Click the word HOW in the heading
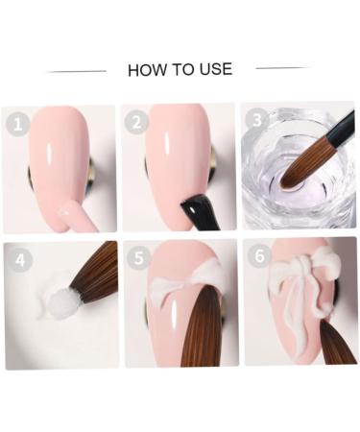click(x=145, y=69)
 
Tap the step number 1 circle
click(x=15, y=124)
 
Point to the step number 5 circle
click(x=138, y=258)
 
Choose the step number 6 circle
click(x=256, y=257)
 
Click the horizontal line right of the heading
click(x=283, y=68)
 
